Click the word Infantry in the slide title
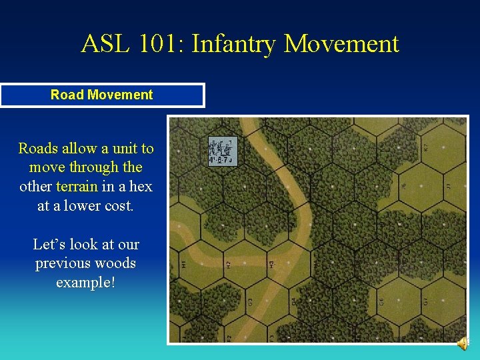click(x=234, y=44)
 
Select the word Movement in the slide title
click(x=341, y=44)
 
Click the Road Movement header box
click(x=102, y=95)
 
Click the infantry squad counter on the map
click(x=223, y=151)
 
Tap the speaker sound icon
click(x=462, y=343)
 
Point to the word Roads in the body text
click(x=37, y=148)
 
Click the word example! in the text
click(x=85, y=282)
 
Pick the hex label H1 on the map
click(x=184, y=265)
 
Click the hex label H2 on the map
click(x=228, y=266)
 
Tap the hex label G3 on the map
click(x=249, y=301)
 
